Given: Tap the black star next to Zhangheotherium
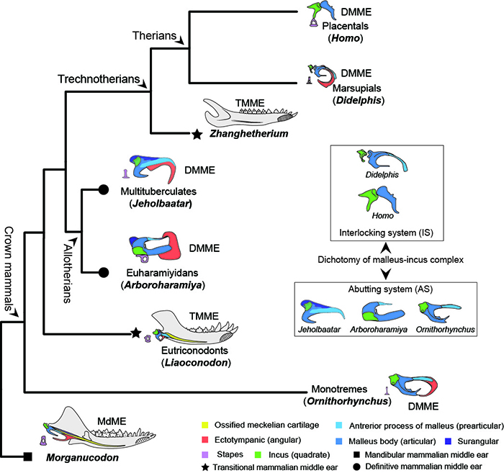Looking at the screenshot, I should [x=196, y=133].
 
